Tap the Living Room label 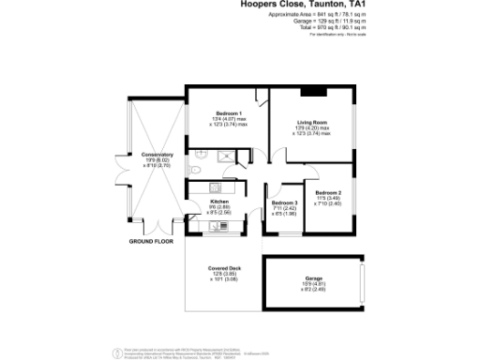312,122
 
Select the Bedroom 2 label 327,192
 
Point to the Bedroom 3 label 284,203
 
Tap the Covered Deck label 224,268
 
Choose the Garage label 312,278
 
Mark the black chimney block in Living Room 308,91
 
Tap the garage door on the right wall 361,283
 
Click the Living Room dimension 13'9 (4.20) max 312,128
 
